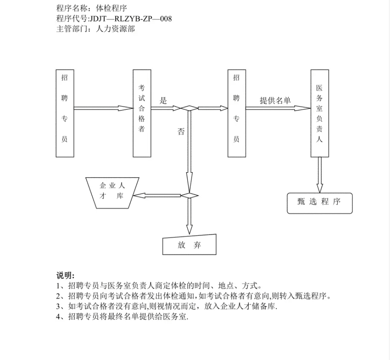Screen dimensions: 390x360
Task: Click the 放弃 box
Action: click(189, 245)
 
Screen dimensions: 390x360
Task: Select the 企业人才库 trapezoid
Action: click(112, 193)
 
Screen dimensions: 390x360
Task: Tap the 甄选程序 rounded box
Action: click(320, 203)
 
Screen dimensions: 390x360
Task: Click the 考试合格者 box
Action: click(142, 113)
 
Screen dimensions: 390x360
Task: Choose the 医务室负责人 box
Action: click(320, 113)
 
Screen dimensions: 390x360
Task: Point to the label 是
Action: click(163, 101)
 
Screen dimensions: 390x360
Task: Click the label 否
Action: click(181, 131)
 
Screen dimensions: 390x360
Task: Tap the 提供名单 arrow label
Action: click(275, 100)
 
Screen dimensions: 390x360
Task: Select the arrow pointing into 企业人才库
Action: click(157, 196)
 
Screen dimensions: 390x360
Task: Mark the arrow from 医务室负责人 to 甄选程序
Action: click(320, 175)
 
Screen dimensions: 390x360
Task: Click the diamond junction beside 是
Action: click(189, 108)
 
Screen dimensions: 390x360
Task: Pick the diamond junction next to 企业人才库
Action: click(190, 196)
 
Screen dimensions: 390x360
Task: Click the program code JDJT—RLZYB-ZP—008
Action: click(131, 19)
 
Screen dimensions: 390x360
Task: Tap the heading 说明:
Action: click(65, 275)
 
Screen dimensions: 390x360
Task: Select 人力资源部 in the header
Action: click(115, 29)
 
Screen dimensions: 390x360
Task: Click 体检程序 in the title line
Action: click(111, 8)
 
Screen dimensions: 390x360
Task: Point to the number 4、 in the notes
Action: click(61, 316)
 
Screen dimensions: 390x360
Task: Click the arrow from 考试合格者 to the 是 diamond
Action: click(166, 108)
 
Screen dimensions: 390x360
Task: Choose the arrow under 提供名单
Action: click(278, 108)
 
